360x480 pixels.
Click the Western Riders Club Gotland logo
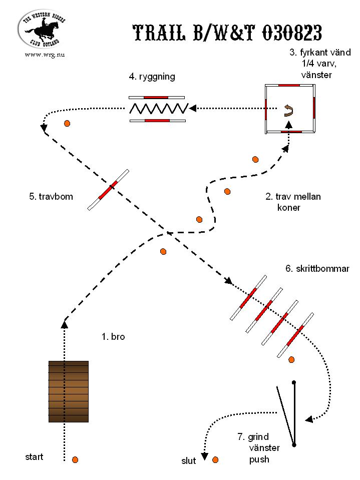pos(42,29)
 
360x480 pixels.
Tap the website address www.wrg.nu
pos(45,55)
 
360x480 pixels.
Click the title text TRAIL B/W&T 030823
pos(227,33)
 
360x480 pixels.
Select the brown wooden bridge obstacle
pos(69,391)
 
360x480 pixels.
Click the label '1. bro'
pos(113,337)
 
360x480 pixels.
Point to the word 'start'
pos(34,457)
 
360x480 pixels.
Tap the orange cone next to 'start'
pos(75,460)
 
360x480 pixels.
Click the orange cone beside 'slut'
pos(215,460)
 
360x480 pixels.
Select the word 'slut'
pos(189,460)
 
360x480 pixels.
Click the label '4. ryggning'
pos(152,77)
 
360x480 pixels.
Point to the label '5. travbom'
pos(51,196)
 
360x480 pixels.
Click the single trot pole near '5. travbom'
pos(108,190)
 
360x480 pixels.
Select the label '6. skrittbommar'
pos(317,269)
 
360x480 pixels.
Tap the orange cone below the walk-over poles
pos(291,360)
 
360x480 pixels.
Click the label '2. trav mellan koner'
pos(293,202)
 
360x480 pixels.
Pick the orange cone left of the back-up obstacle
pos(67,123)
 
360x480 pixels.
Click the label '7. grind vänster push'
pos(259,448)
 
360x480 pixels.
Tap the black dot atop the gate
pos(294,382)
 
